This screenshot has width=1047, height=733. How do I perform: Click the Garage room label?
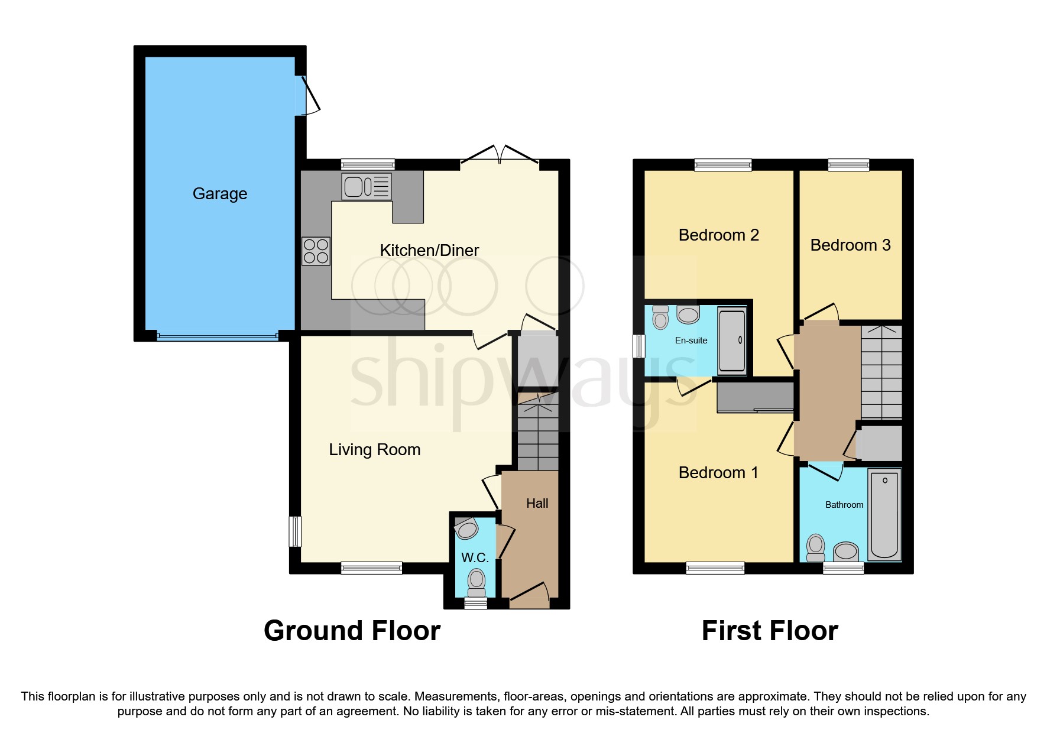coord(220,194)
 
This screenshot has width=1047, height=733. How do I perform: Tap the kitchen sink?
coord(367,187)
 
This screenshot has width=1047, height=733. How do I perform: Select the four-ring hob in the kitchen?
coord(316,251)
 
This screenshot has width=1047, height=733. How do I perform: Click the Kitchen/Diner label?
coord(429,251)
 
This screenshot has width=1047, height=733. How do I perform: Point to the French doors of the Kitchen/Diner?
coord(500,157)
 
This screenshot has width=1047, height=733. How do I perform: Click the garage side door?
coord(306,95)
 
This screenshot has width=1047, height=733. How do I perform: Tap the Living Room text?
coord(374,450)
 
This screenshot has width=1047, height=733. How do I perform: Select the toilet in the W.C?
coord(477,582)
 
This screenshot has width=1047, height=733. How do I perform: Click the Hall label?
coord(537,504)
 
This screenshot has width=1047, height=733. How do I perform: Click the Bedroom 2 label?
coord(718,235)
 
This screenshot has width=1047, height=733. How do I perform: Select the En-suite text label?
coord(691,340)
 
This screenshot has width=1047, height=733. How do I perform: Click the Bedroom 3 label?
coord(850,245)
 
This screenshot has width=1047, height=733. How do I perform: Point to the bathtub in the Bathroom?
coord(884,513)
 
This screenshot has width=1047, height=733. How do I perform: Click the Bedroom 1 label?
coord(718,473)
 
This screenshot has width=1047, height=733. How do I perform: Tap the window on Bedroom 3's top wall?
coord(848,165)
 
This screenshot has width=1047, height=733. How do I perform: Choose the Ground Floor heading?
coord(352,631)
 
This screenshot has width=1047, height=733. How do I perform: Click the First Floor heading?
coord(770,631)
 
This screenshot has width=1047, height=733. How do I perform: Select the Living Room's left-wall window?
coord(295,531)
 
